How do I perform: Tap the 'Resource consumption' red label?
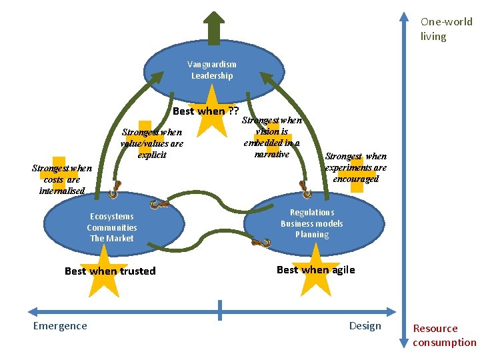pos(444,335)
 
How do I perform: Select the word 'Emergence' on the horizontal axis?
pos(60,325)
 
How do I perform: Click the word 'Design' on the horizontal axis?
pos(365,325)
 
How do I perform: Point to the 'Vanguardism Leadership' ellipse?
pos(211,70)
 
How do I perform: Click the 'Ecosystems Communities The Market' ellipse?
pos(112,227)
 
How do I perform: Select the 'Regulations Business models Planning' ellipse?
pos(312,223)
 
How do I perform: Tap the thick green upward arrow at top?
pos(213,28)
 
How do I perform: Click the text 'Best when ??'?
pos(205,111)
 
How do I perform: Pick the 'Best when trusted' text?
pos(110,271)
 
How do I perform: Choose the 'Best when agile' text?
pos(315,269)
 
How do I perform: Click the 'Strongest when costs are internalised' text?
pos(62,179)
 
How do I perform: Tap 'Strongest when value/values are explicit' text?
pos(151,143)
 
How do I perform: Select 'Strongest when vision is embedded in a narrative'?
pos(272,137)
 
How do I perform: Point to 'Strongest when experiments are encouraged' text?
pos(355,167)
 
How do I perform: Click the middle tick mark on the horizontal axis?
pos(220,310)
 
